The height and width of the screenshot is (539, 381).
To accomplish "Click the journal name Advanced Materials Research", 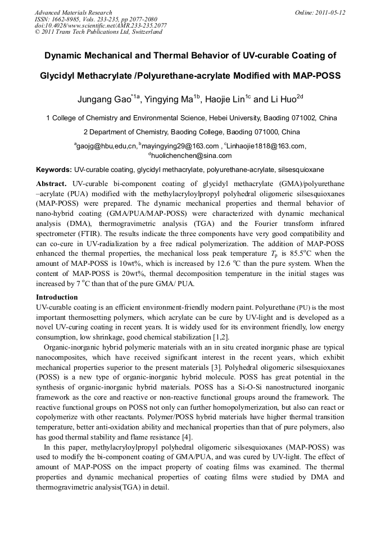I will [74, 12].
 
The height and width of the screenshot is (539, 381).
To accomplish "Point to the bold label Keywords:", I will [54, 169].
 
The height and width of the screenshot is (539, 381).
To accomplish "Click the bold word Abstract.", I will [51, 184].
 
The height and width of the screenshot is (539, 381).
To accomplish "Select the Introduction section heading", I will [57, 297].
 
